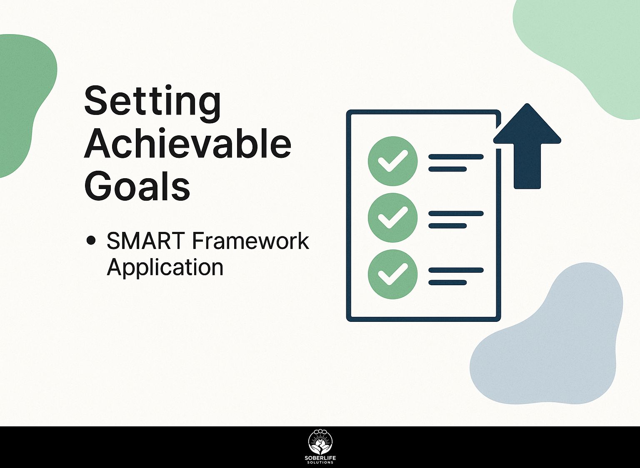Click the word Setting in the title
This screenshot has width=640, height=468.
click(x=152, y=103)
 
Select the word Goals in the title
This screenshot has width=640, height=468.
click(x=137, y=185)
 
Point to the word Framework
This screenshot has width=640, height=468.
click(x=250, y=241)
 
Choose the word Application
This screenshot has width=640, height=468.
click(x=165, y=268)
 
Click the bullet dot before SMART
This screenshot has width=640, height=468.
click(x=91, y=240)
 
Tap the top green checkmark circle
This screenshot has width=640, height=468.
click(x=392, y=161)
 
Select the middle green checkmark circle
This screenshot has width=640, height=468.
click(x=392, y=218)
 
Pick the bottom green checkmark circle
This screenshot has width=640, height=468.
click(x=392, y=274)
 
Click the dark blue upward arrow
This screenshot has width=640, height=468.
click(x=527, y=146)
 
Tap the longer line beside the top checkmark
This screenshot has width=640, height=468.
click(x=456, y=157)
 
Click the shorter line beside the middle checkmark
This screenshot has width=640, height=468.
click(x=448, y=226)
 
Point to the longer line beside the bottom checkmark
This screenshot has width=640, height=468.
click(x=456, y=270)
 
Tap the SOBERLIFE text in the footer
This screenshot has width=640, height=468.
click(x=320, y=458)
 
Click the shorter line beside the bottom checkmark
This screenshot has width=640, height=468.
click(x=448, y=283)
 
